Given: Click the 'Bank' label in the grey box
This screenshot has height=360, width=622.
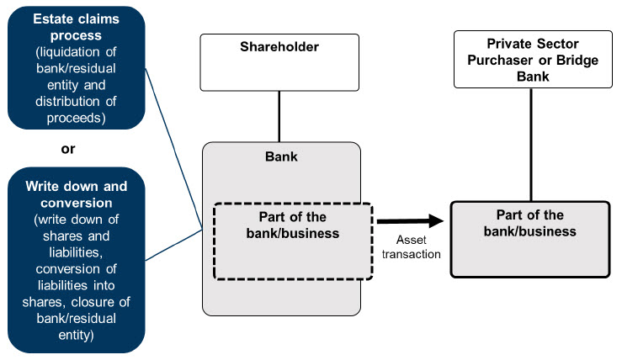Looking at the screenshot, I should (x=280, y=156).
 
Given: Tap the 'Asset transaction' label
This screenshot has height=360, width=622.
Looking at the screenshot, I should (x=411, y=247).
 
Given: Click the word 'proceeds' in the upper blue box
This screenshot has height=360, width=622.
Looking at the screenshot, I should (x=76, y=117).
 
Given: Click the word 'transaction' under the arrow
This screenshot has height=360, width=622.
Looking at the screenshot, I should (x=411, y=254).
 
